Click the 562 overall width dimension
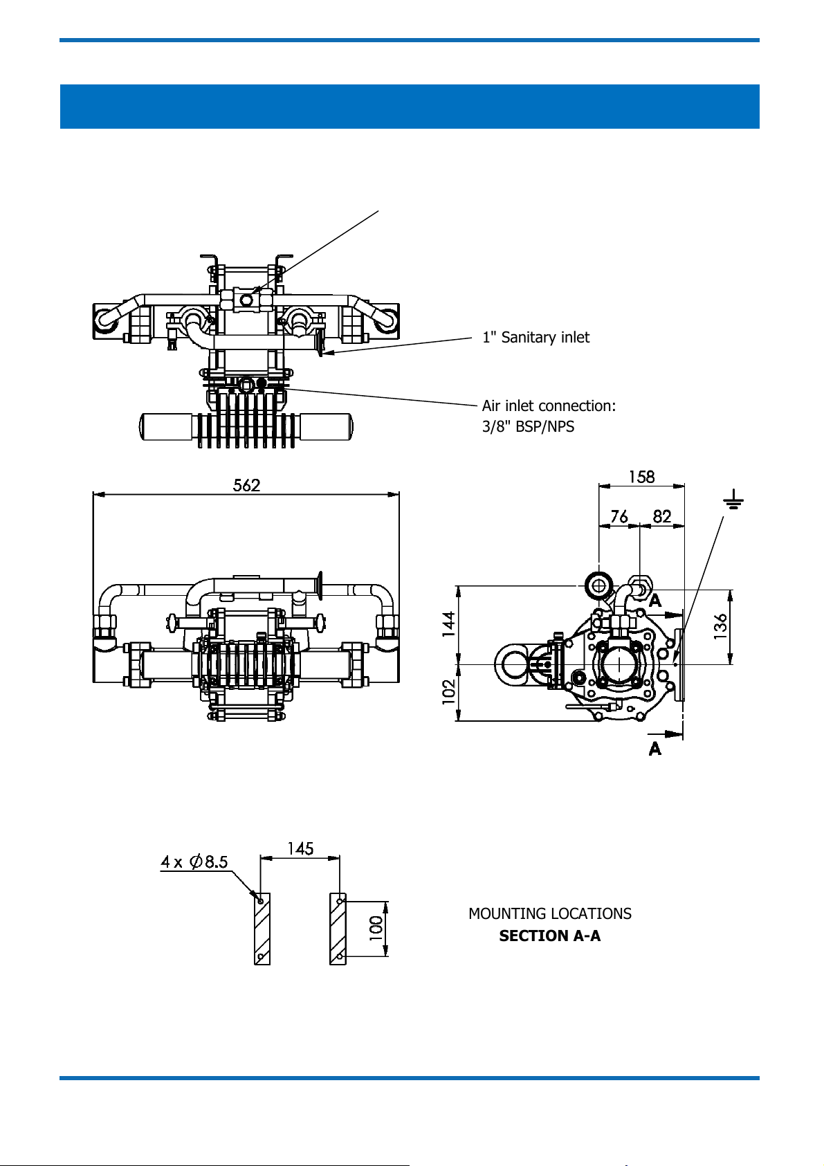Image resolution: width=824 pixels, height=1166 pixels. (246, 485)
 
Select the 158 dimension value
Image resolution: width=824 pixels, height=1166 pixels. (641, 477)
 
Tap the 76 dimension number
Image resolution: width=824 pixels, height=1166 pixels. (619, 516)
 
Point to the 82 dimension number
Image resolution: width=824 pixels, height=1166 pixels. (661, 516)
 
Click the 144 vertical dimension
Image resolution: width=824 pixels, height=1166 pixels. (449, 623)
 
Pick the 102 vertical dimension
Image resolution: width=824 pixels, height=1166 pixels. (449, 692)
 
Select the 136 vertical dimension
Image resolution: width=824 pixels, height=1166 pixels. (720, 626)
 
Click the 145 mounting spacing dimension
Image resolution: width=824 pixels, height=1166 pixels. (300, 848)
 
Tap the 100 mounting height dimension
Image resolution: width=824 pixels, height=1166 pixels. (375, 929)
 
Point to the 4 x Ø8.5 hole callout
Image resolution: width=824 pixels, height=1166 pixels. (194, 862)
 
